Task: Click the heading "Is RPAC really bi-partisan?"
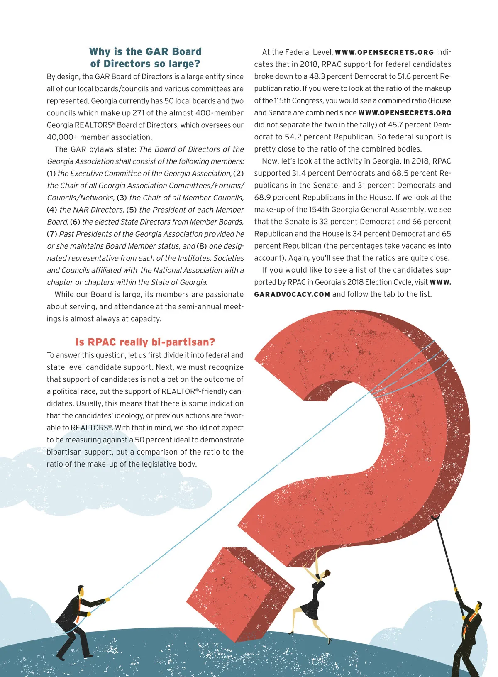tap(145, 342)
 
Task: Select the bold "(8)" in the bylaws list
tap(202, 246)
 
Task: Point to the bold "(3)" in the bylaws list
tap(122, 198)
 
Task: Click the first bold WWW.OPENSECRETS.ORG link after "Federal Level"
tap(384, 52)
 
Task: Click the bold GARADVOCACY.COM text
tap(292, 294)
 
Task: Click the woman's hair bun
tap(328, 573)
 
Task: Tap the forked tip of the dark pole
tap(435, 518)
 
